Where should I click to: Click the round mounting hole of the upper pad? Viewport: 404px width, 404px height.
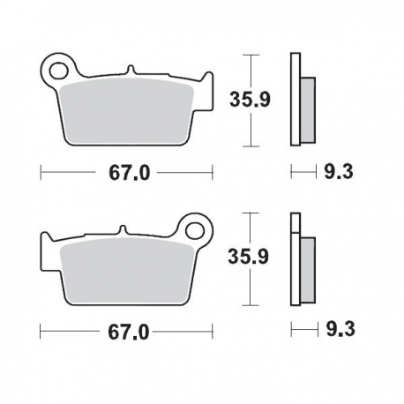[x=58, y=67]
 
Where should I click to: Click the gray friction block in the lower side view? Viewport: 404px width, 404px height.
[x=306, y=266]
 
